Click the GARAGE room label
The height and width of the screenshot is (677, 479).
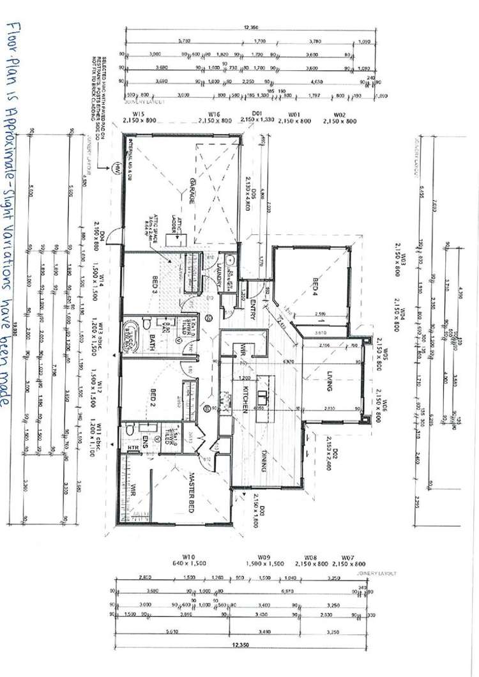(x=190, y=191)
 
